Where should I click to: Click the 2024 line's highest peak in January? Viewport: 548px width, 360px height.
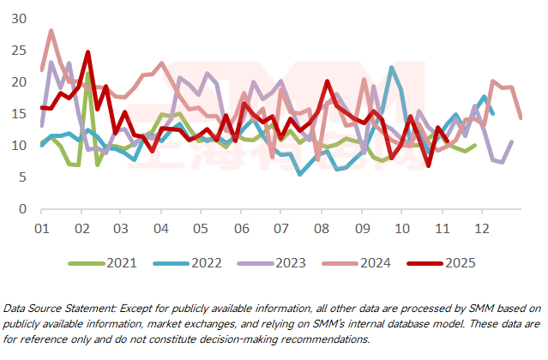51,31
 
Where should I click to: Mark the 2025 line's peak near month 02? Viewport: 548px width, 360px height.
87,52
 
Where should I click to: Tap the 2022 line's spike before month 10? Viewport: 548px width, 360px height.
391,68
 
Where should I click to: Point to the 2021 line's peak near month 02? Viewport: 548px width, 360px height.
87,74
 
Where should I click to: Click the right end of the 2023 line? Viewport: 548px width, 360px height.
512,142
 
